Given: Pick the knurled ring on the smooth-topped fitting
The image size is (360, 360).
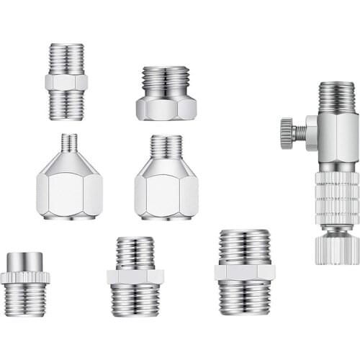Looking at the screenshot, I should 24,277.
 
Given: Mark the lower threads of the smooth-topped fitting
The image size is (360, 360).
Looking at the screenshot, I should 24,300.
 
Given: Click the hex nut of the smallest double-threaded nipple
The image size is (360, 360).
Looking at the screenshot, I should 66,82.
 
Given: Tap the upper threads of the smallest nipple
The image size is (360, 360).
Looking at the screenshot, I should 66,58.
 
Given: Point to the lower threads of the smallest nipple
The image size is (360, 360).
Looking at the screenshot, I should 66,105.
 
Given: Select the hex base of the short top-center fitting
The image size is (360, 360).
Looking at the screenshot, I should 166,107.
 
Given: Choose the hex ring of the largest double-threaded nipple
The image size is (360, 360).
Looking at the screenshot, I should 244,272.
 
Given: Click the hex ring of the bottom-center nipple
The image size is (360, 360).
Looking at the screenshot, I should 135,276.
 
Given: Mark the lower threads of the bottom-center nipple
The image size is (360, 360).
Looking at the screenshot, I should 135,300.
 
